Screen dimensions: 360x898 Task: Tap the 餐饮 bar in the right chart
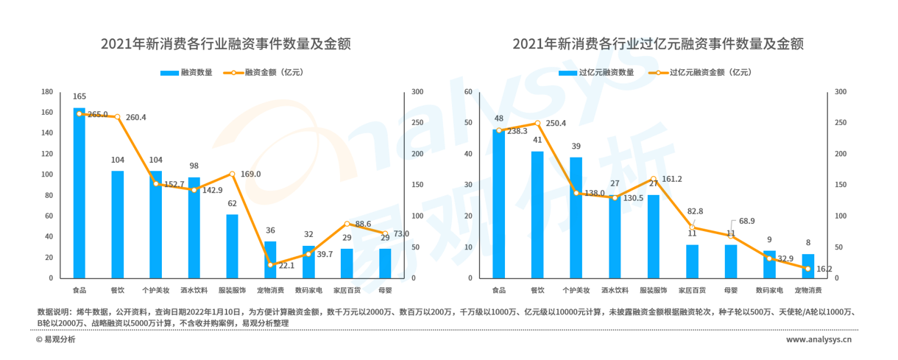537,214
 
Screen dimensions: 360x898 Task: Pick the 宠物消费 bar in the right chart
807,266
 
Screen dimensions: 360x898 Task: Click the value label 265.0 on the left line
97,115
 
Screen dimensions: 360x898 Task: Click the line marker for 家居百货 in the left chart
347,223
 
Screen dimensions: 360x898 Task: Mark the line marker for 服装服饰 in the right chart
653,179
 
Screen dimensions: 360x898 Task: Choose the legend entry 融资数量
187,73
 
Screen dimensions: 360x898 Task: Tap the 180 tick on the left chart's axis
47,92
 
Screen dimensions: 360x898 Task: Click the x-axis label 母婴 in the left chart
385,290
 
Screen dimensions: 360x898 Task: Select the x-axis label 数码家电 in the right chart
769,290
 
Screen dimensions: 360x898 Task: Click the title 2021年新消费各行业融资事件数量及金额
226,44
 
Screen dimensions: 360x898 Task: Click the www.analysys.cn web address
819,340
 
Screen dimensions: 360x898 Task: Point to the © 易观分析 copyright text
56,340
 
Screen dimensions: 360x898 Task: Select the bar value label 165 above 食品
79,96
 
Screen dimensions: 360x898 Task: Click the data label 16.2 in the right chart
824,269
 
